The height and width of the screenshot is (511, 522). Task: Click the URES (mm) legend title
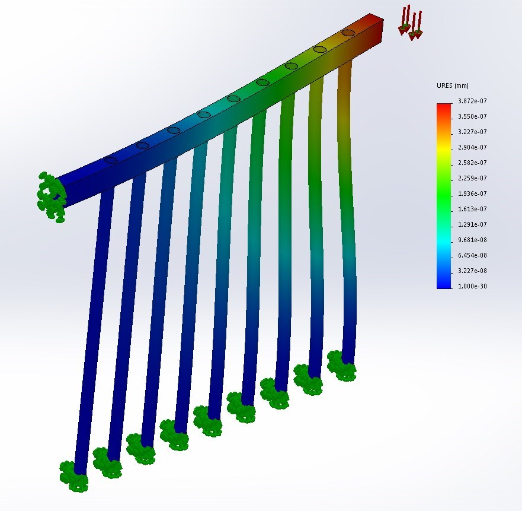[x=453, y=85]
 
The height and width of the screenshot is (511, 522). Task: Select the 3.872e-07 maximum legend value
[x=472, y=101]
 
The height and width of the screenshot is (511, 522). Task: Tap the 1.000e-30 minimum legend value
[x=472, y=286]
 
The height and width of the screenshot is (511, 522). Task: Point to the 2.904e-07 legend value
[x=472, y=147]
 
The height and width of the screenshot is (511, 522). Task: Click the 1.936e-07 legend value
[x=472, y=194]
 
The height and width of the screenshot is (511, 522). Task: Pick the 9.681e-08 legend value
[x=472, y=240]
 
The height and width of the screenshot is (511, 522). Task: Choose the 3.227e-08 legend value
[x=472, y=271]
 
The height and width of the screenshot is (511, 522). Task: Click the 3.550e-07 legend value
[x=472, y=116]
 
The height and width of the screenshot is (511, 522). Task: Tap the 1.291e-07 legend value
[x=472, y=224]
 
